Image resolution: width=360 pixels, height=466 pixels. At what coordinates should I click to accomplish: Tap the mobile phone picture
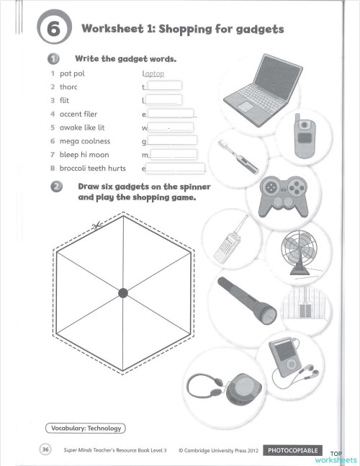pyautogui.click(x=303, y=136)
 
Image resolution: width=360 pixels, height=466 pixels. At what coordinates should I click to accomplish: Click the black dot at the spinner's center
pyautogui.click(x=123, y=292)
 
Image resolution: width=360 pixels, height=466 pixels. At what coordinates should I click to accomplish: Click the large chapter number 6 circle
pyautogui.click(x=56, y=30)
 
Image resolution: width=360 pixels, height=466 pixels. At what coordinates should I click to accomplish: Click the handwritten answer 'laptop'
pyautogui.click(x=154, y=73)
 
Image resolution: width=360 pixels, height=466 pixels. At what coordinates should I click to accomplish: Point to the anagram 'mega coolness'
pyautogui.click(x=85, y=141)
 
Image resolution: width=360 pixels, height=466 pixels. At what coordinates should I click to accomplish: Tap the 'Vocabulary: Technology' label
pyautogui.click(x=85, y=429)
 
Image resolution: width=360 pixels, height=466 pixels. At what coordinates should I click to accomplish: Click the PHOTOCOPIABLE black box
pyautogui.click(x=294, y=450)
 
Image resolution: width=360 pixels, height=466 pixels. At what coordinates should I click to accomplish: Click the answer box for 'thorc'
pyautogui.click(x=164, y=86)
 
